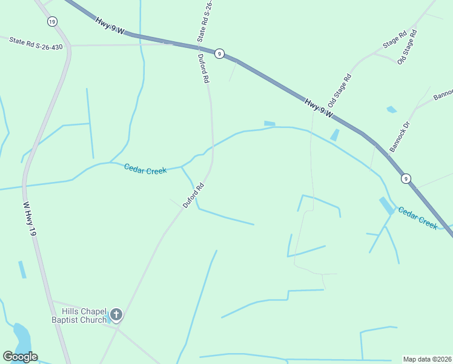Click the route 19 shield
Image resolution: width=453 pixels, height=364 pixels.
53,21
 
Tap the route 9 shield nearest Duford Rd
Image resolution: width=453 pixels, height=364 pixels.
219,54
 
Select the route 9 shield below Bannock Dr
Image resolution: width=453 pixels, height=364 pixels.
406,178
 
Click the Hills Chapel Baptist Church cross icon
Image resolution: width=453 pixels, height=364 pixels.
116,315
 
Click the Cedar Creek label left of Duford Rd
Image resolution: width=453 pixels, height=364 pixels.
145,169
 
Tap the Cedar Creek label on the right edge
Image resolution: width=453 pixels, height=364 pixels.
417,217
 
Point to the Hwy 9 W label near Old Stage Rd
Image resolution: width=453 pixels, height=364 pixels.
319,108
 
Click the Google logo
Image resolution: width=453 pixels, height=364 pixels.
20,357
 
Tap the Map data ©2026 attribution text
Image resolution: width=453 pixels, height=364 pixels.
428,359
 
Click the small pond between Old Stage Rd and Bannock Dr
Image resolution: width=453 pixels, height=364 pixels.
391,110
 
